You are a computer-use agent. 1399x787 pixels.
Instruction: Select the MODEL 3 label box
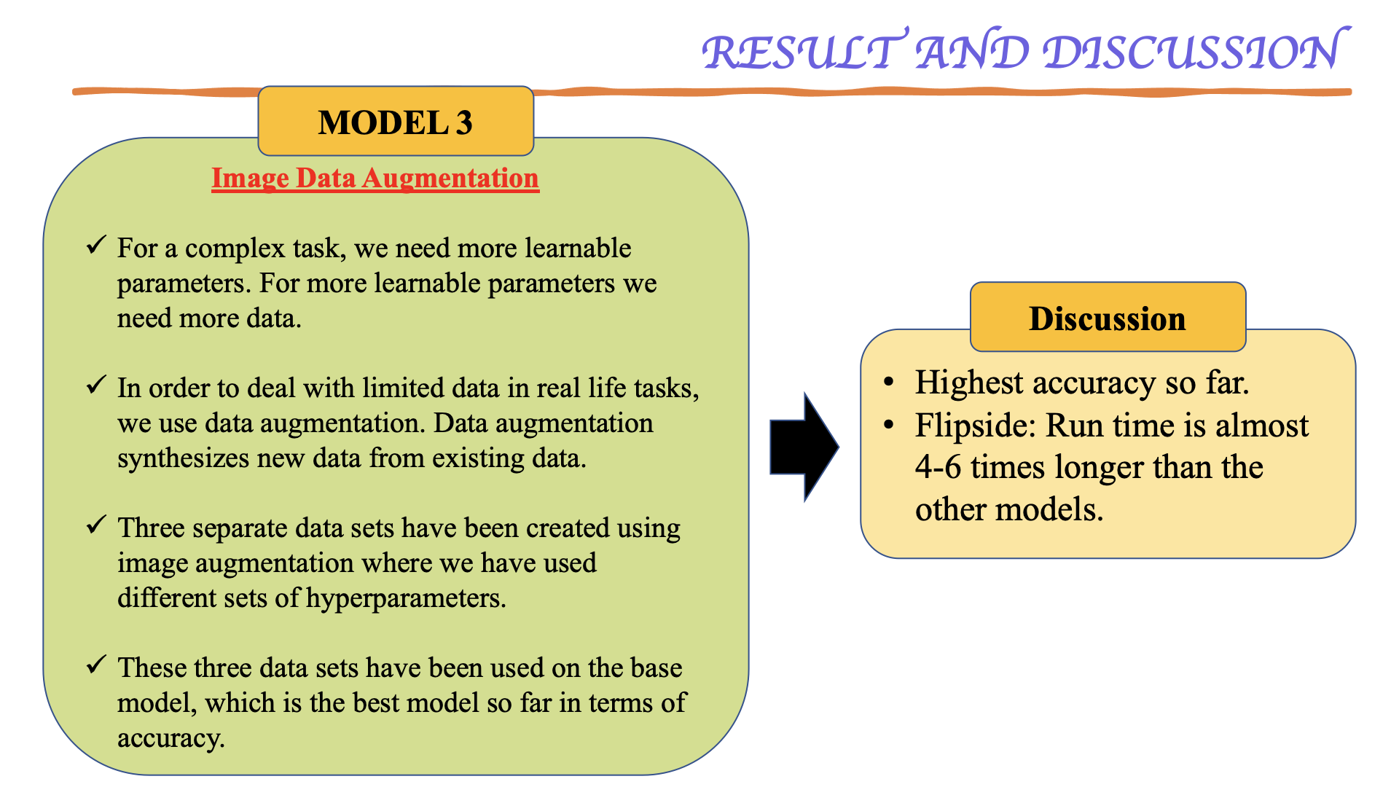[396, 122]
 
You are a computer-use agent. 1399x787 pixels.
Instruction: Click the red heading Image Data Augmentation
[375, 179]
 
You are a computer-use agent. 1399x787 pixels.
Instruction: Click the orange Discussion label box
[1108, 318]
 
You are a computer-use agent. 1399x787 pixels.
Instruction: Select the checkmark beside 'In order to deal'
[96, 385]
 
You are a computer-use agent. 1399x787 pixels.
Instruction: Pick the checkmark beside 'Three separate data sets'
[96, 525]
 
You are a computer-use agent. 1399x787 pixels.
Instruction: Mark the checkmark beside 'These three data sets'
[96, 665]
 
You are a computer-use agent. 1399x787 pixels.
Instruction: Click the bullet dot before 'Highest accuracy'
[888, 383]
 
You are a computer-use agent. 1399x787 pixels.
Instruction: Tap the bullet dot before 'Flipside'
[888, 425]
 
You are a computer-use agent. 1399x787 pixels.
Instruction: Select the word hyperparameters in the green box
[405, 599]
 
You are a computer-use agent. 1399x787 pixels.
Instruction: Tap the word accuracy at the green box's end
[170, 739]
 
